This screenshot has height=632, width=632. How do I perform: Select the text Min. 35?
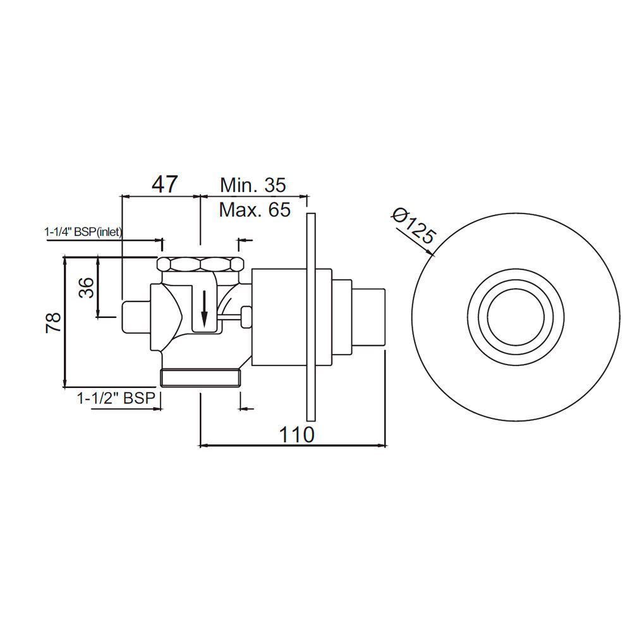253,185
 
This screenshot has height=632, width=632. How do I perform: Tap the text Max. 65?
255,209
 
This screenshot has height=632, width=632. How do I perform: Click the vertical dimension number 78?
54,322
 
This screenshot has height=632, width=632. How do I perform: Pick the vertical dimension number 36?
87,288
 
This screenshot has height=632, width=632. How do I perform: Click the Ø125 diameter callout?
413,227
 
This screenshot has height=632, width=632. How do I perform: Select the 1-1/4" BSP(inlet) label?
83,233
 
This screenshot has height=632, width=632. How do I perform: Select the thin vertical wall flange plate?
310,317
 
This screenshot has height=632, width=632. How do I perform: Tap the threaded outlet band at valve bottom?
201,378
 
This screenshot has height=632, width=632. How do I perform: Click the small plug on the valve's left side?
133,317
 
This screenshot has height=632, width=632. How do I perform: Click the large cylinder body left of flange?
278,317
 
